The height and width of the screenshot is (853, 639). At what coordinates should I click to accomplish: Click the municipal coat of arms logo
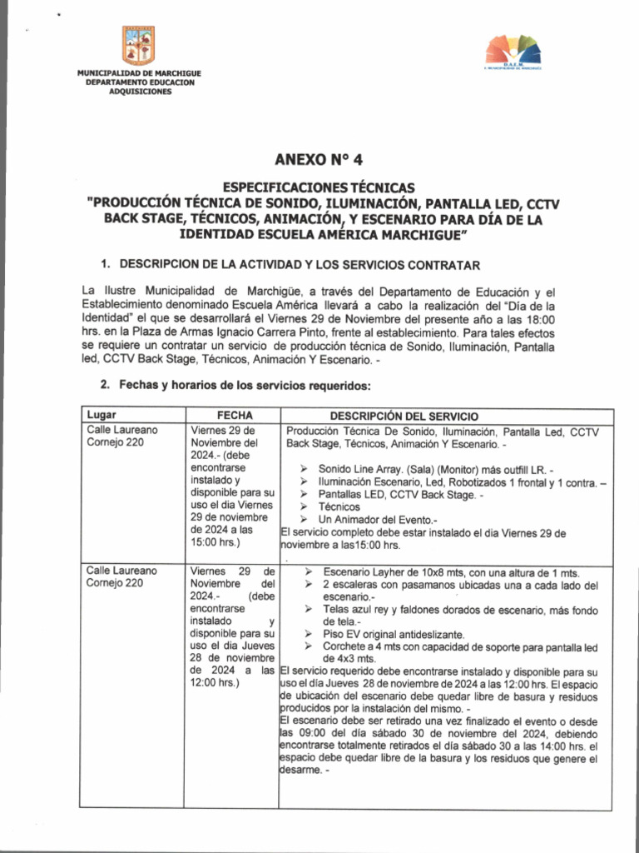click(138, 46)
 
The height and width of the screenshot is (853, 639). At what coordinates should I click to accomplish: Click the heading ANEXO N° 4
click(319, 160)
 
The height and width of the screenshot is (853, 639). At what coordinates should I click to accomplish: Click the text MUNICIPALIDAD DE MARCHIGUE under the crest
click(139, 74)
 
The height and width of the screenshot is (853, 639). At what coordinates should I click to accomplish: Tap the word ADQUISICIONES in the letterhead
click(139, 92)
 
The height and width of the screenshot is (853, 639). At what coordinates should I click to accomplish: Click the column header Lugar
click(102, 415)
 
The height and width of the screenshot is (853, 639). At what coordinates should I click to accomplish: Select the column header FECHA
click(235, 415)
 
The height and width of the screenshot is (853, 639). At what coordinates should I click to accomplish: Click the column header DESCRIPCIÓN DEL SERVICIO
click(404, 416)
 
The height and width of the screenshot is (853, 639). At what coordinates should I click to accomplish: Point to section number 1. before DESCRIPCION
click(106, 264)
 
